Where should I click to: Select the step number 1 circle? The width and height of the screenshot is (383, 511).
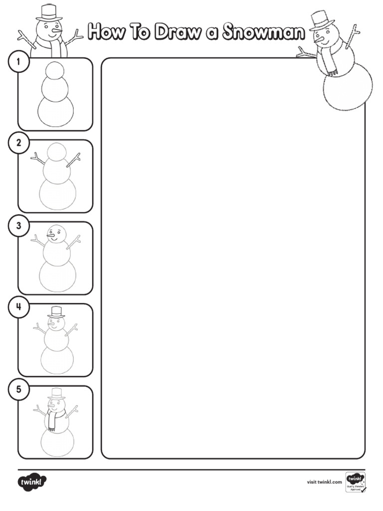tap(18, 62)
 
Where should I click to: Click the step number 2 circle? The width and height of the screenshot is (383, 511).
tap(18, 144)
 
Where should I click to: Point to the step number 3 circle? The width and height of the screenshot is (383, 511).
tap(18, 226)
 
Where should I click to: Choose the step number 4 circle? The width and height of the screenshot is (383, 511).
tap(18, 307)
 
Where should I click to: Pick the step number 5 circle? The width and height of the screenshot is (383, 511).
tap(18, 390)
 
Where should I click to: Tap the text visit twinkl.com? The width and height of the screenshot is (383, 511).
tap(324, 482)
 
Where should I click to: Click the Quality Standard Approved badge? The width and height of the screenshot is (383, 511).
tap(355, 482)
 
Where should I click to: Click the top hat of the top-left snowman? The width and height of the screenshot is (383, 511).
tap(49, 12)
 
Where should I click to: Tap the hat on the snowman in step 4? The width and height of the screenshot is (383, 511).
tap(56, 312)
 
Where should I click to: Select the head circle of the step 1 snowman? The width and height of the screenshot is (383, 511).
tap(55, 70)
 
